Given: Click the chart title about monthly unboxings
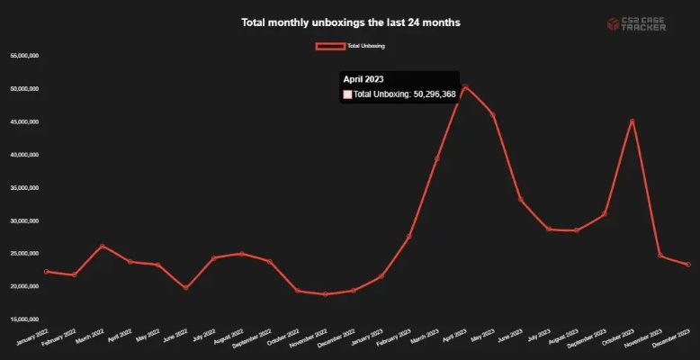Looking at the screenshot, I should tap(350, 22).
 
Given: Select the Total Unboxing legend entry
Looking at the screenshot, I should tap(350, 45).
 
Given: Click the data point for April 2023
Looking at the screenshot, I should tap(465, 86).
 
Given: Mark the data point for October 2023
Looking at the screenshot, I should tap(633, 121).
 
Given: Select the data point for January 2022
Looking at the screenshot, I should tap(46, 272).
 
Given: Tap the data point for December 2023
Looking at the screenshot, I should tap(688, 265).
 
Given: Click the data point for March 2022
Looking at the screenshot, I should tap(102, 246).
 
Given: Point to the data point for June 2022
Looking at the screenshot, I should tap(185, 288).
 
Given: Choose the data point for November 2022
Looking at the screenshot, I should tap(325, 294).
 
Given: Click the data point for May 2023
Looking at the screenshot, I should tap(493, 114).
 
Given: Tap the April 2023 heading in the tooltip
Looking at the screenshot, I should tap(363, 80).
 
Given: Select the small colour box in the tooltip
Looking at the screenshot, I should tap(347, 94).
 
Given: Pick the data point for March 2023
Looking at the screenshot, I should tap(437, 158).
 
